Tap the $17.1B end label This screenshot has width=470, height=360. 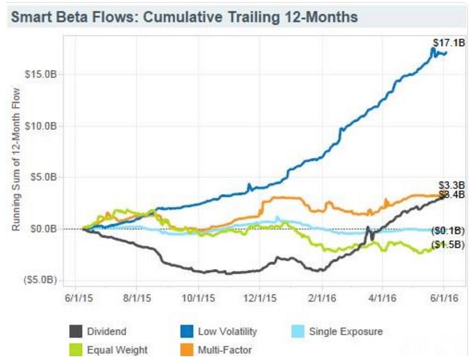(448, 43)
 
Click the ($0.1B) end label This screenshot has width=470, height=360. (448, 230)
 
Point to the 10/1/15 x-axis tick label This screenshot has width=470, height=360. (198, 299)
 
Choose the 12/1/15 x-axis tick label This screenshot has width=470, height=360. (259, 299)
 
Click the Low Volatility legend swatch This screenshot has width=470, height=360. (186, 332)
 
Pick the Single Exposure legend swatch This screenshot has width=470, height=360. (298, 332)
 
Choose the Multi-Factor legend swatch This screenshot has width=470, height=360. (186, 350)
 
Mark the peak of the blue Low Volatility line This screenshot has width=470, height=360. (433, 48)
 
